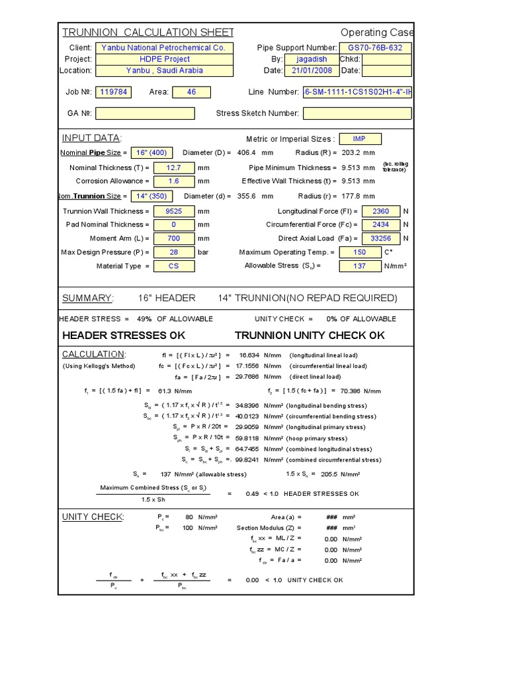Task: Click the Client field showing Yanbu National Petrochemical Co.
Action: [x=163, y=48]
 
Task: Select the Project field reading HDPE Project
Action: [x=163, y=59]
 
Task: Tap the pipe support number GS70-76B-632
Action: [x=375, y=48]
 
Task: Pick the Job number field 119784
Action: [x=114, y=92]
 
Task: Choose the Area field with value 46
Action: [x=191, y=92]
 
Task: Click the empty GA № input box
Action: [x=146, y=113]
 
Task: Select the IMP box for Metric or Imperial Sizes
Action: [x=359, y=139]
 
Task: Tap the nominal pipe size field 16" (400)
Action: [x=152, y=153]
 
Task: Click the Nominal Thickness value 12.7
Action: [x=174, y=168]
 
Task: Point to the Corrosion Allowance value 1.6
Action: [x=174, y=181]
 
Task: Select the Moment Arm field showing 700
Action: [x=174, y=238]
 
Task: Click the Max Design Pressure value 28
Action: [x=174, y=252]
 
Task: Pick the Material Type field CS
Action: [x=174, y=266]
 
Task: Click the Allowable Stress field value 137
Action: [x=360, y=266]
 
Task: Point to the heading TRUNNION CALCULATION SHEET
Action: [x=148, y=32]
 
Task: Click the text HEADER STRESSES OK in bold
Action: [x=124, y=335]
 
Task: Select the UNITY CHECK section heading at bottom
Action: [x=93, y=516]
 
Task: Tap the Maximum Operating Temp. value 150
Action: [x=360, y=252]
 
